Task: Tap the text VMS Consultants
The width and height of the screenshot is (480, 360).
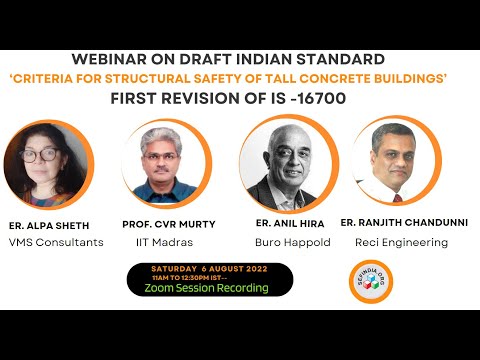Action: (x=55, y=242)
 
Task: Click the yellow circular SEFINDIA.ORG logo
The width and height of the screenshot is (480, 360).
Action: (x=364, y=279)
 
